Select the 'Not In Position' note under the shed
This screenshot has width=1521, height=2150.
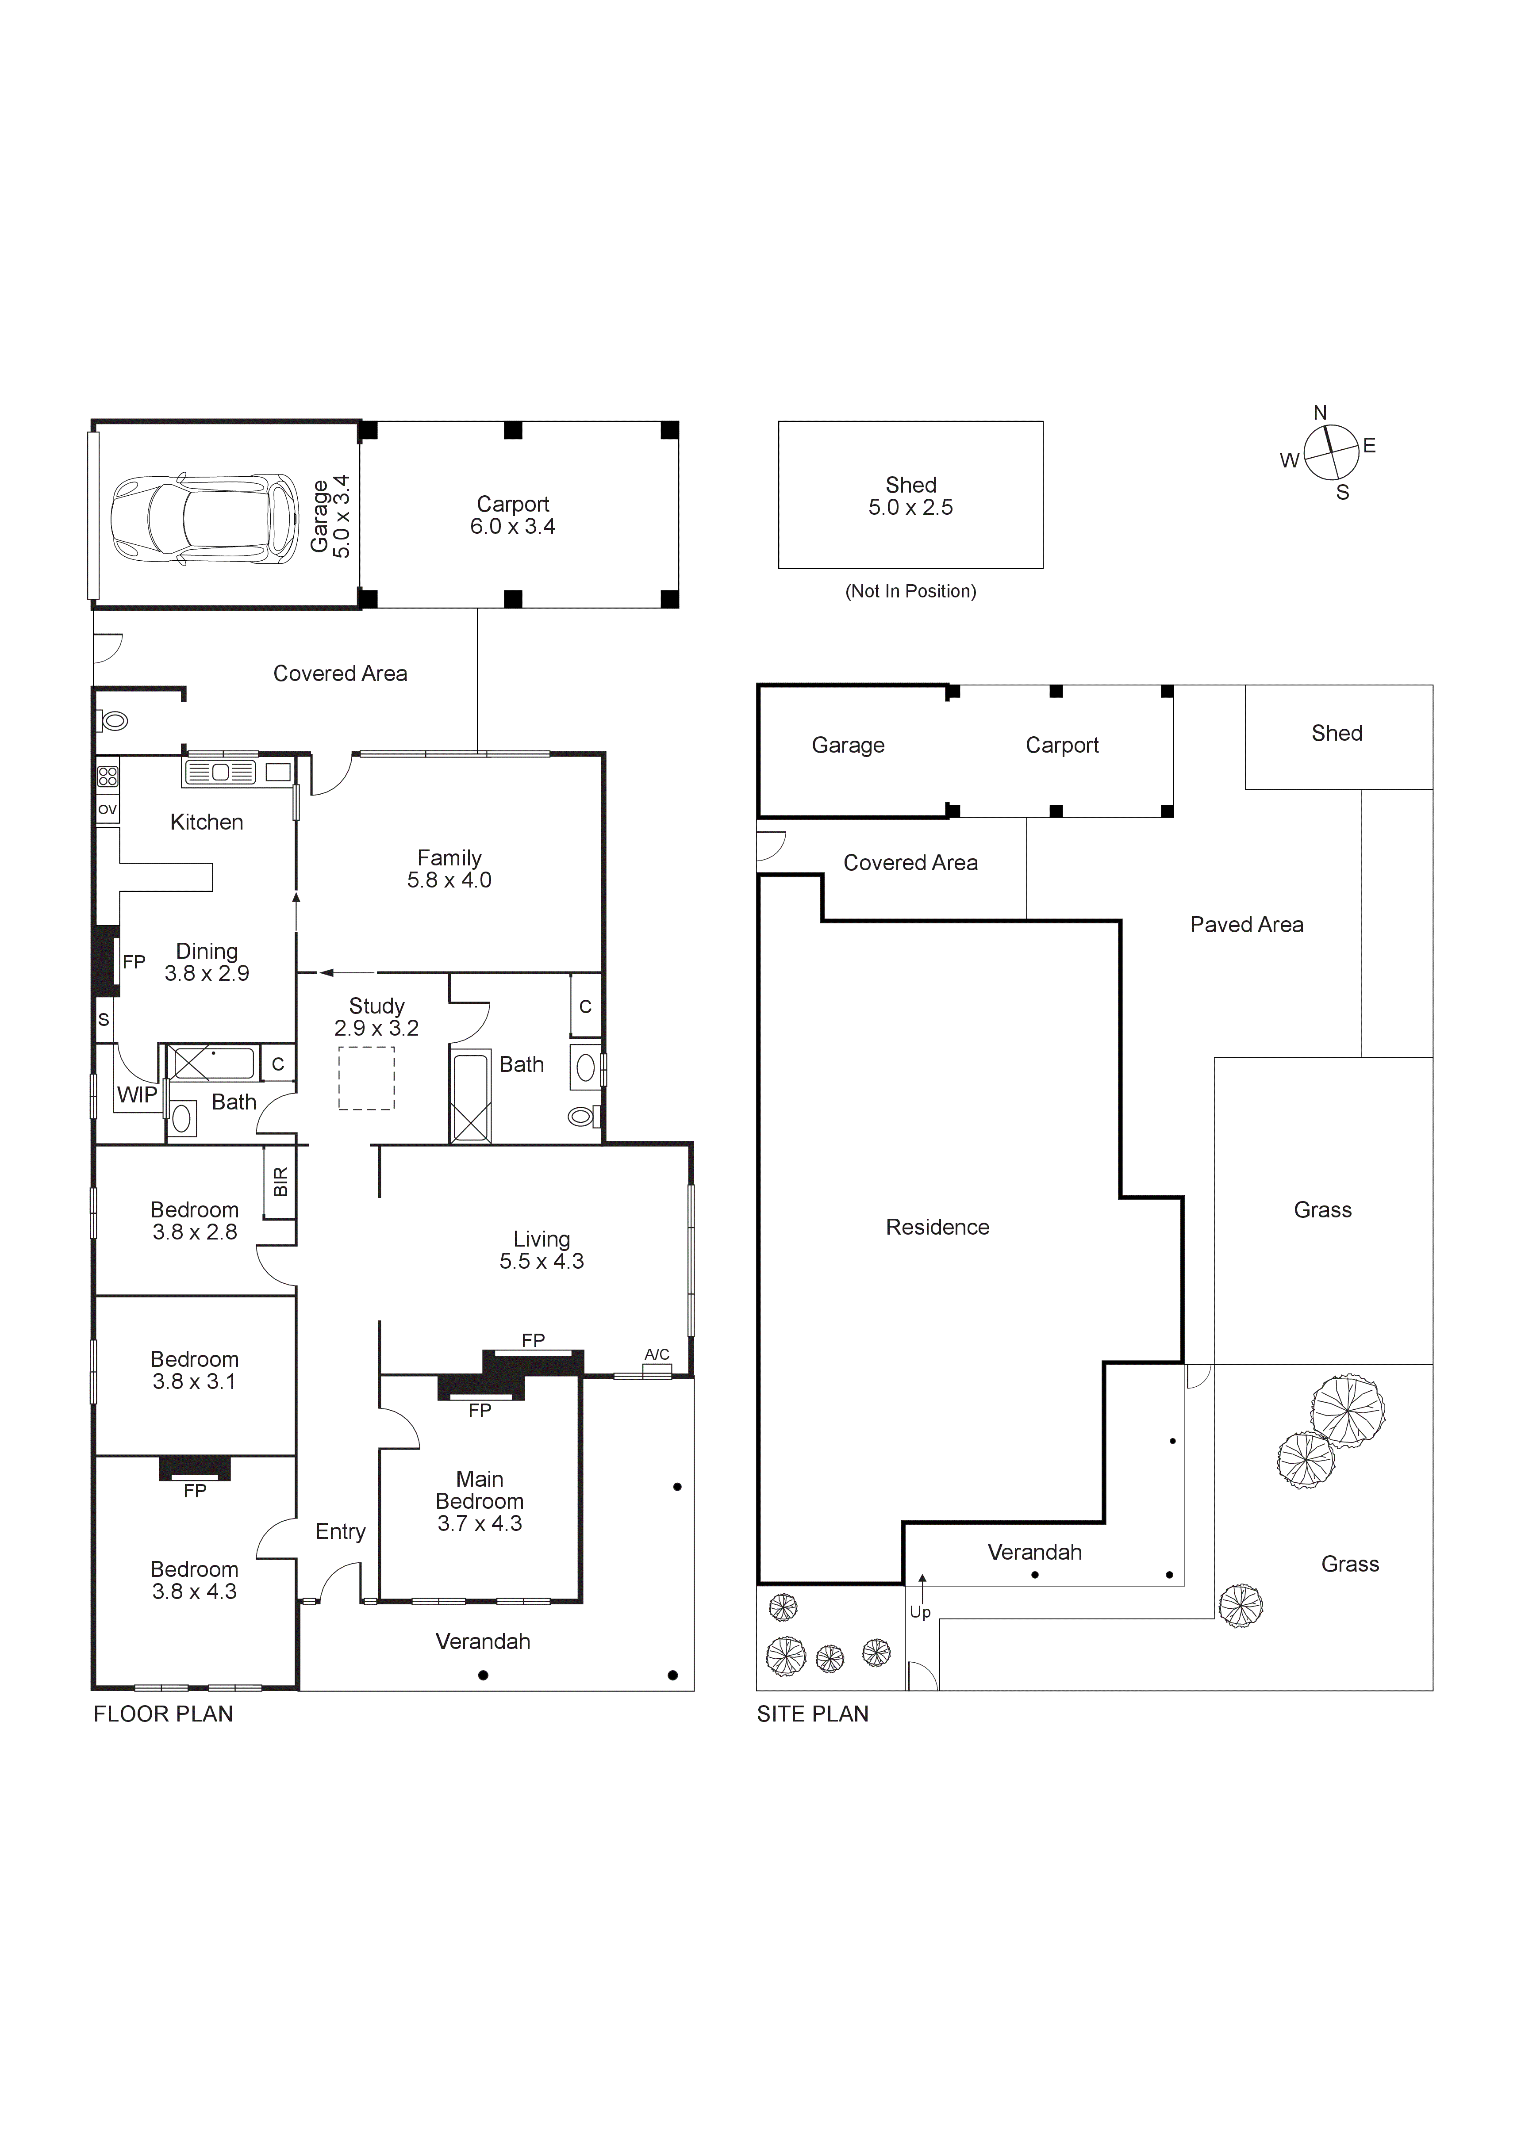pos(910,591)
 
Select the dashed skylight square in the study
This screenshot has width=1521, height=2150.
pos(366,1078)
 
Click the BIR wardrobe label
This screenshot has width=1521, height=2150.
pos(280,1182)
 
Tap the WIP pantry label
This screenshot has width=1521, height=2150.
pos(137,1094)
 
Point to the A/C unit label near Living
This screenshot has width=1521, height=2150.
pos(657,1354)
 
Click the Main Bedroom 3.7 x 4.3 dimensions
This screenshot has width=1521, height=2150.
pos(480,1523)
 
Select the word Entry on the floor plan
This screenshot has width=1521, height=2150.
pos(340,1531)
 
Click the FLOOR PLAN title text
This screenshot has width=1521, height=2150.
pos(163,1714)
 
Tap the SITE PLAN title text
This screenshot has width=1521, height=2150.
pos(812,1714)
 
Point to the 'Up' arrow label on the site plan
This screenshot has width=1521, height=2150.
pos(920,1611)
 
